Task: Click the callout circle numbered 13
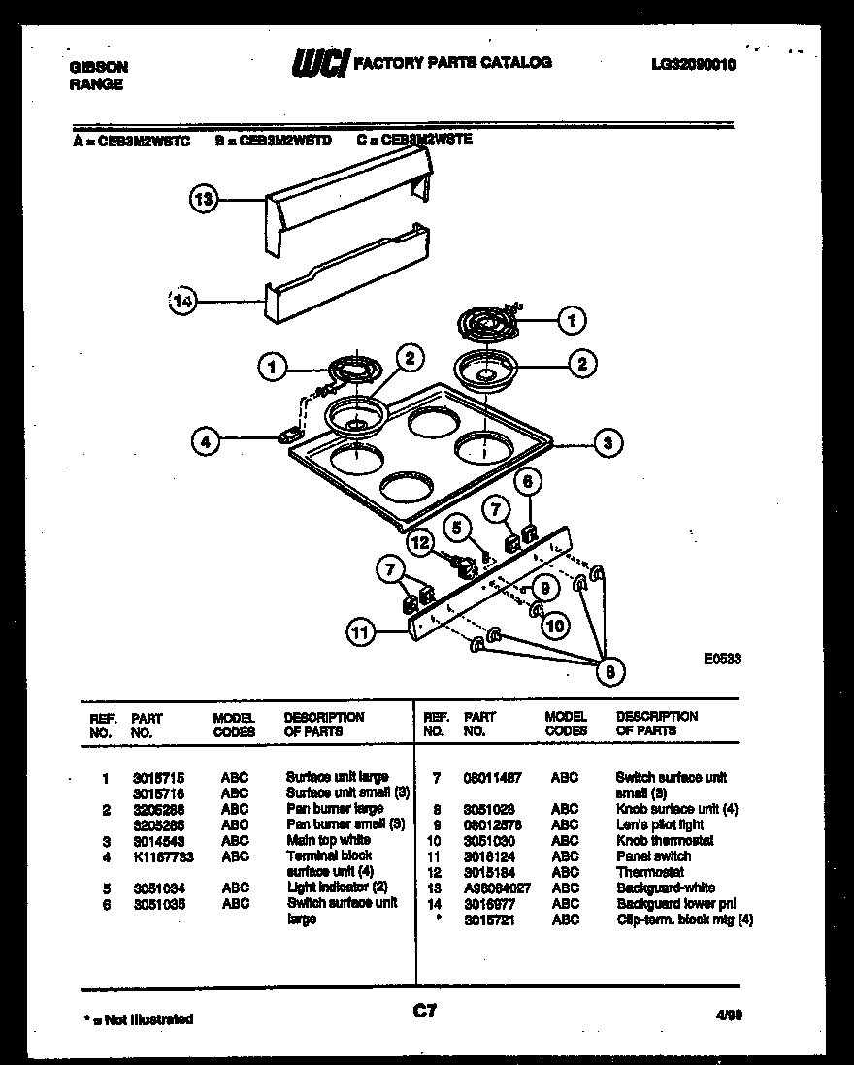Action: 203,200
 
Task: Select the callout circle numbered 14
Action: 181,301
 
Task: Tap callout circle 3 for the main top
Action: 608,444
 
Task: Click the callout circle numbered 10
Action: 555,626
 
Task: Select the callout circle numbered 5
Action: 453,528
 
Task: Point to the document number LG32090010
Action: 694,65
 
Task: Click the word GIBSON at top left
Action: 98,68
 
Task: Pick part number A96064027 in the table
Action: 498,887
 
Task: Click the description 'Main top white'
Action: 328,840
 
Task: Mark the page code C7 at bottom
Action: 425,1012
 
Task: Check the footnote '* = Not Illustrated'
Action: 138,1018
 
